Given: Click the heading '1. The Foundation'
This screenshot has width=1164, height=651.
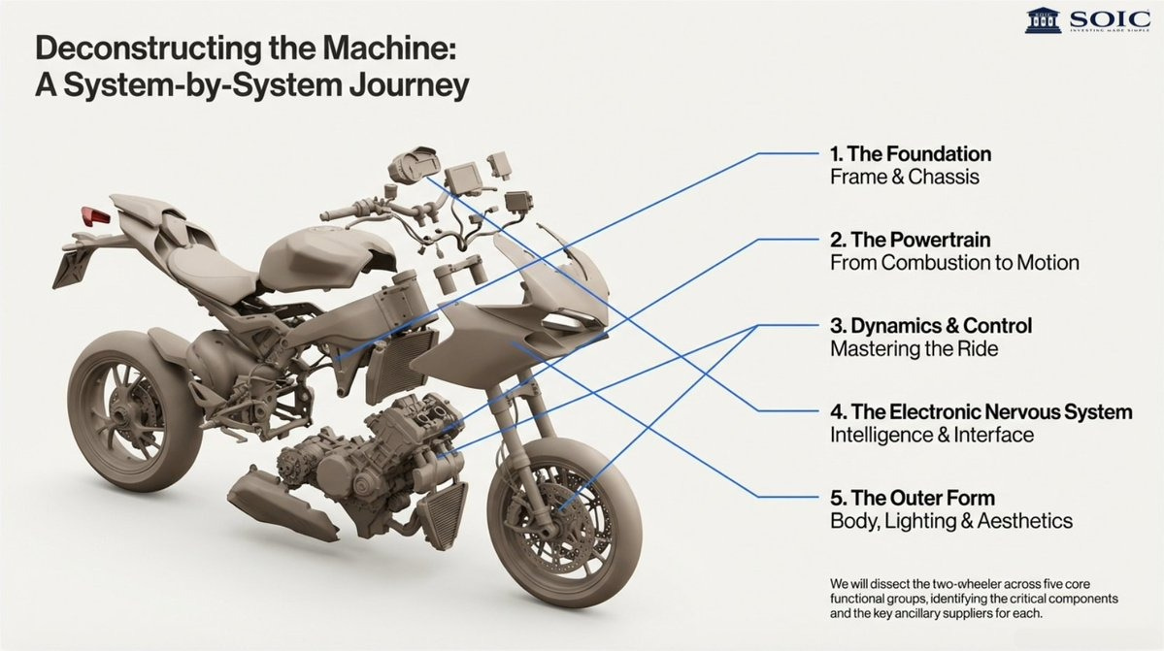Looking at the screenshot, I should point(910,153).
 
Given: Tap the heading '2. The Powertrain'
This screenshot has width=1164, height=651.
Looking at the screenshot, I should point(910,239).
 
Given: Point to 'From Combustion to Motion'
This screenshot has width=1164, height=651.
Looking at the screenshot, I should point(954,263).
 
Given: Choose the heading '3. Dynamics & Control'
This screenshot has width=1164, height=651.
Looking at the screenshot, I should point(930,325).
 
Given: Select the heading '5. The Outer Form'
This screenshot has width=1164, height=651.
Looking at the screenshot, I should point(912,498).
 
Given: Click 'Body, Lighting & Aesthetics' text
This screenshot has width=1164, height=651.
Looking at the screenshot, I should point(950,522).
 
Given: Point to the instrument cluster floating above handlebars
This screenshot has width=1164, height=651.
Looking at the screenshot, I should point(409,166).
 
